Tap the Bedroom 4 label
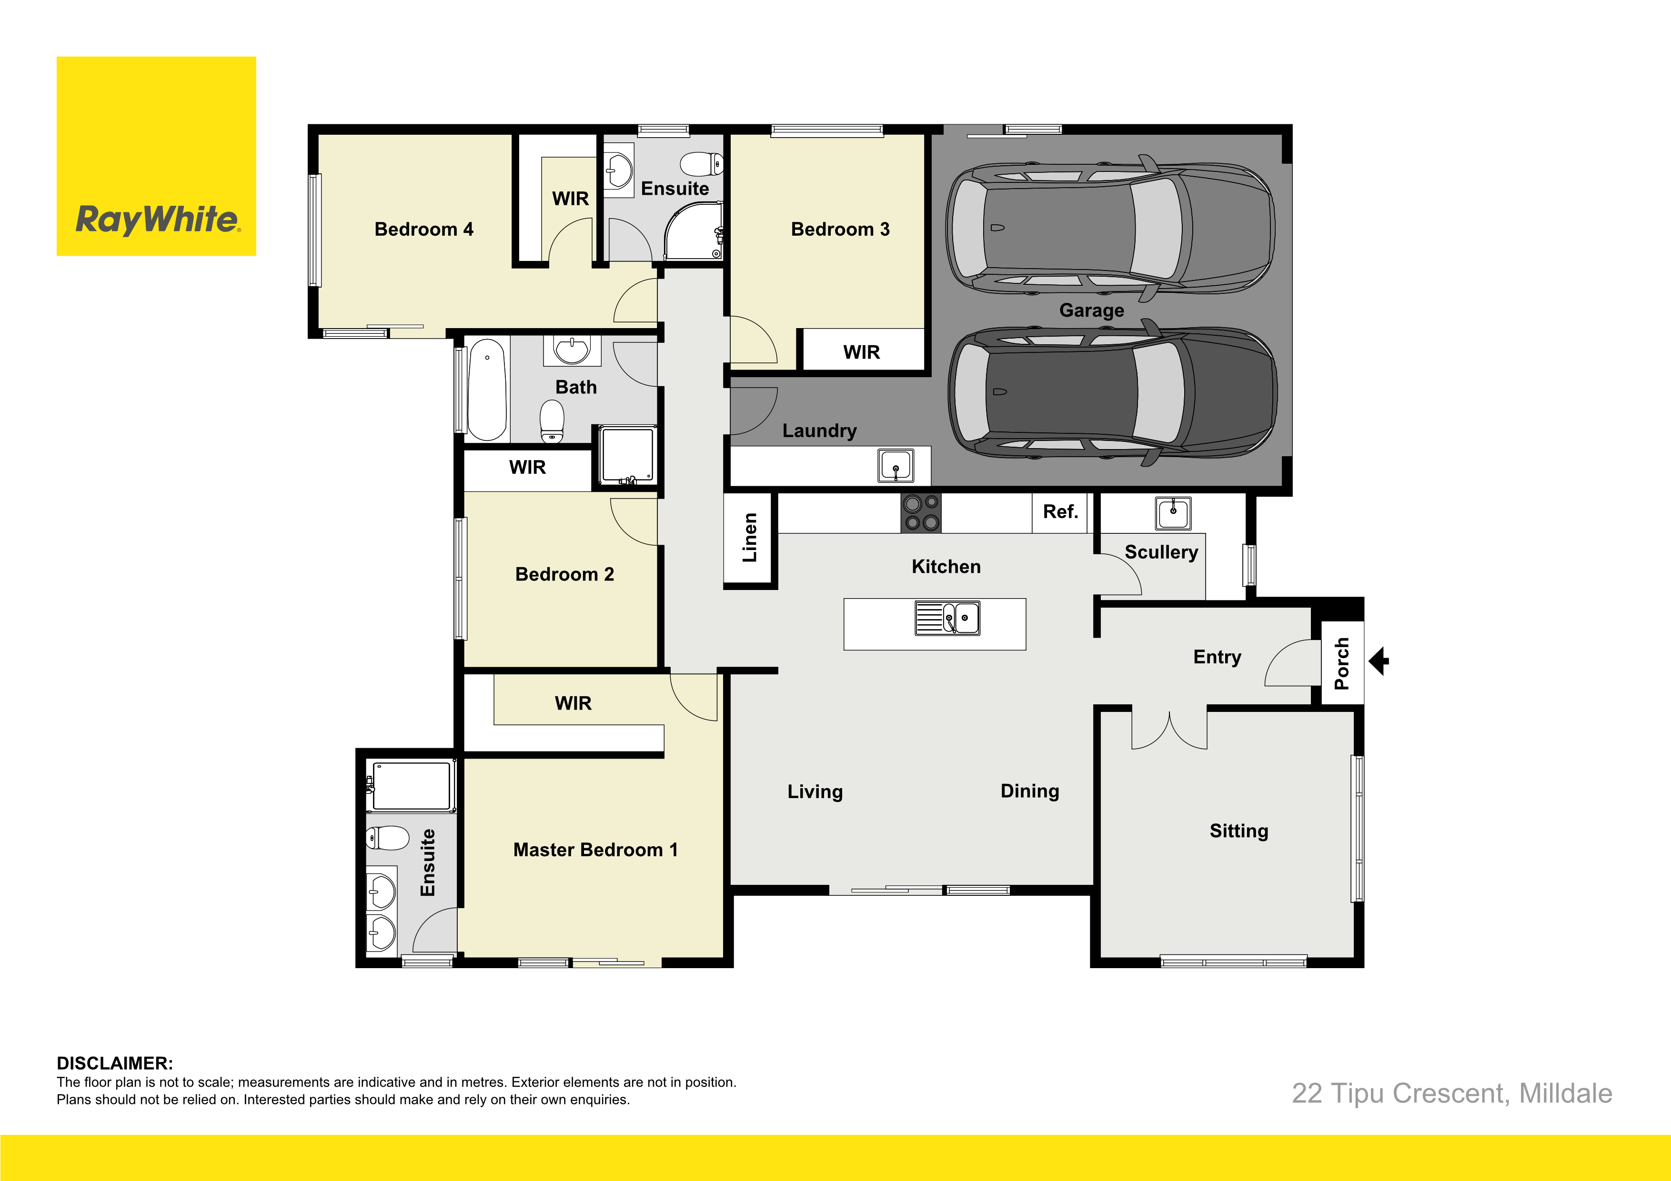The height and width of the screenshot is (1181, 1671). click(x=423, y=229)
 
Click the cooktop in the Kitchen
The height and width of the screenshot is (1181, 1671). click(x=921, y=513)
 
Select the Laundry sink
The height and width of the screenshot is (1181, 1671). click(x=896, y=466)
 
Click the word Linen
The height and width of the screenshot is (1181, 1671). click(x=750, y=538)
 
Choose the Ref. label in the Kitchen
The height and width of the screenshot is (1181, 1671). click(x=1060, y=511)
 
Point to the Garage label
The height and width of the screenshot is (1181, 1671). click(x=1092, y=310)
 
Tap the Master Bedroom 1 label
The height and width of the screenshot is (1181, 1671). click(x=595, y=850)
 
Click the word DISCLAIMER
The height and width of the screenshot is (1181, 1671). click(x=115, y=1063)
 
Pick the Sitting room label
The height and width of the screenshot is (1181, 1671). click(x=1238, y=831)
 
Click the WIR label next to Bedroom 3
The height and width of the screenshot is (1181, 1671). click(x=862, y=352)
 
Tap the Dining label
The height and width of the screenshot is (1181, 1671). click(x=1030, y=791)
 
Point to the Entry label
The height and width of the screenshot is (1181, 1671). click(x=1217, y=657)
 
